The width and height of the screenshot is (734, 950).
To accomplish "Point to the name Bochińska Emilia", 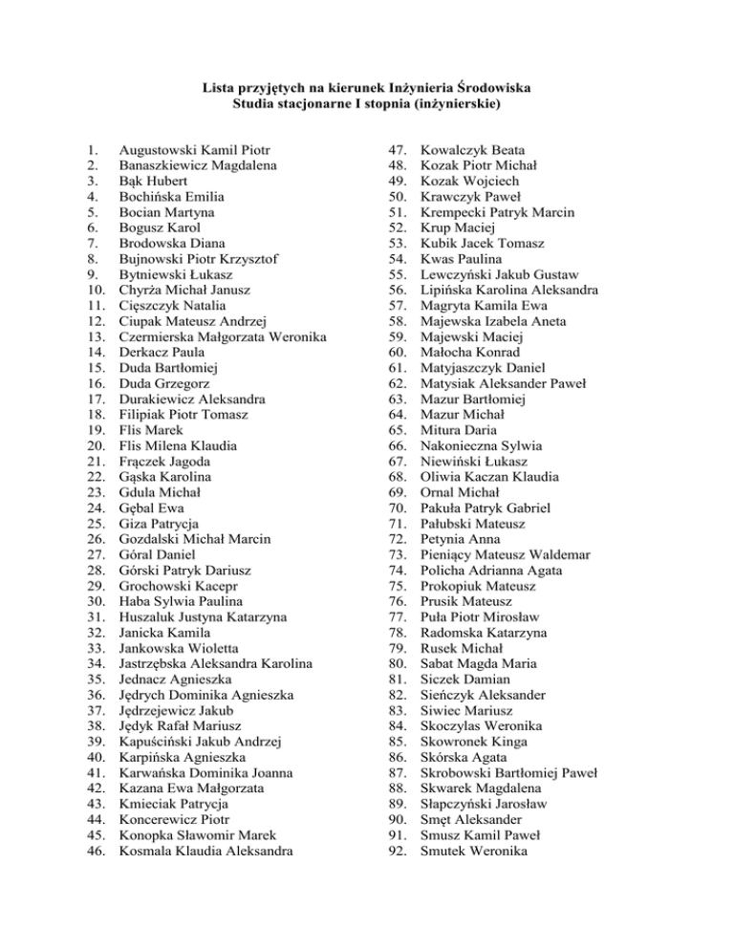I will (x=174, y=197).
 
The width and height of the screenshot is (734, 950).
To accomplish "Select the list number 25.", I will (x=94, y=523).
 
